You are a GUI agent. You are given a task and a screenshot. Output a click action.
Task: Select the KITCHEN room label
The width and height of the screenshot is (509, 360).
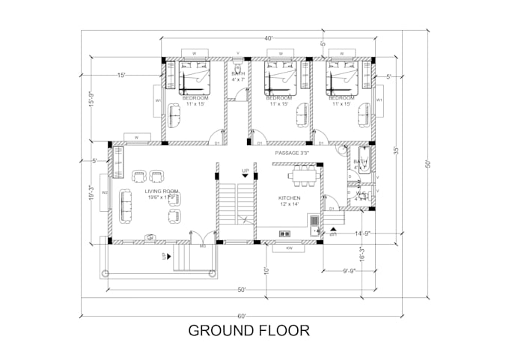pyautogui.click(x=288, y=200)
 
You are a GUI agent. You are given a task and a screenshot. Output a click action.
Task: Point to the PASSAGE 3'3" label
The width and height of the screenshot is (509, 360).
pyautogui.click(x=291, y=152)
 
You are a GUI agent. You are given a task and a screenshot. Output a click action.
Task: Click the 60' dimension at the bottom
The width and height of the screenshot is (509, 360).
pyautogui.click(x=242, y=316)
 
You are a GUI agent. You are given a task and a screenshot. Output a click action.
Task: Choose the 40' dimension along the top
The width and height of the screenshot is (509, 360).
pyautogui.click(x=268, y=38)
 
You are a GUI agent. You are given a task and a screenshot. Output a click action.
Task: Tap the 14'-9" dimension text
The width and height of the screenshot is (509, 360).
pyautogui.click(x=365, y=233)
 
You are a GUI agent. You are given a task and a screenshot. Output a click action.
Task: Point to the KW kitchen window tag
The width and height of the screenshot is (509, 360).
pyautogui.click(x=289, y=248)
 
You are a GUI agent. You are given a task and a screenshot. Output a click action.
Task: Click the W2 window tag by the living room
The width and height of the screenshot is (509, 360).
pyautogui.click(x=106, y=192)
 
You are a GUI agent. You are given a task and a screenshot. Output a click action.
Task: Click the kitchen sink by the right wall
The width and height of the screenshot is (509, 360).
pyautogui.click(x=314, y=221)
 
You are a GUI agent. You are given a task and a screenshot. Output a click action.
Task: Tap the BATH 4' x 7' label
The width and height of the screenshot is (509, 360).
pyautogui.click(x=238, y=76)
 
